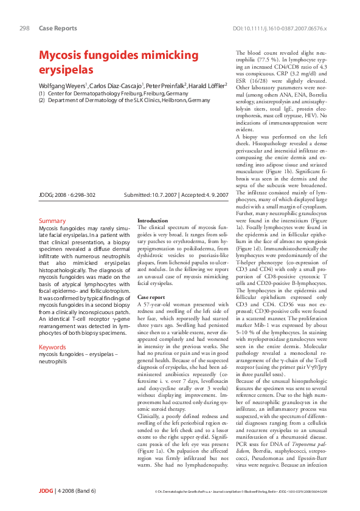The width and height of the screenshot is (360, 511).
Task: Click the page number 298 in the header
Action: pyautogui.click(x=25, y=29)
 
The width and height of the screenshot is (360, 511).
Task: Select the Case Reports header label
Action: pyautogui.click(x=58, y=29)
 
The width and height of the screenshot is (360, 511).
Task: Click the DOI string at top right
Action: pyautogui.click(x=280, y=29)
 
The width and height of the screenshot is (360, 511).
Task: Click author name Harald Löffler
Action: pyautogui.click(x=207, y=86)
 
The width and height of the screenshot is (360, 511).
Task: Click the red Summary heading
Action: pyautogui.click(x=52, y=221)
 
